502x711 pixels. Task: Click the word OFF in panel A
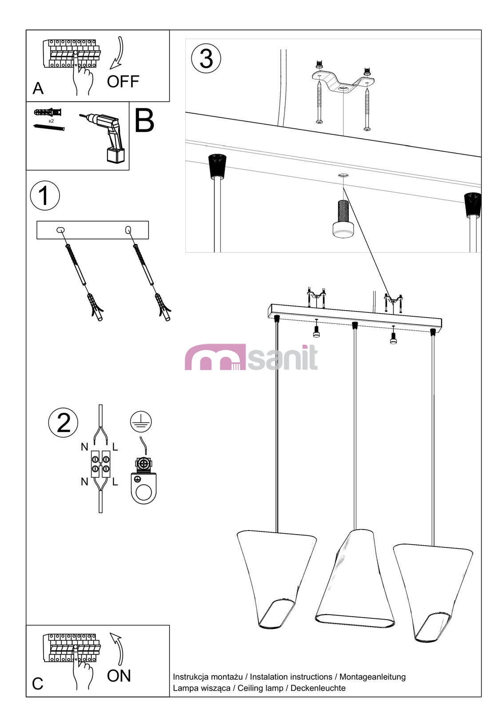(123, 82)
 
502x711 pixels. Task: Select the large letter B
(144, 120)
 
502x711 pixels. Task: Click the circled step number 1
(45, 195)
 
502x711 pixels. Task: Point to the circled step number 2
(63, 423)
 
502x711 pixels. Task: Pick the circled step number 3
(206, 58)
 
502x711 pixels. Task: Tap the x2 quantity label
(51, 121)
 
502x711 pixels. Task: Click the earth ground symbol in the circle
(141, 422)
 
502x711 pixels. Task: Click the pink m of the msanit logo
(215, 357)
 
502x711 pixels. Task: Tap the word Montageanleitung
(372, 676)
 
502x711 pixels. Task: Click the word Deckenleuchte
(318, 688)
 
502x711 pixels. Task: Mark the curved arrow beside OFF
(117, 53)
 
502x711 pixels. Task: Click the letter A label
(38, 88)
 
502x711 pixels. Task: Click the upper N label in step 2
(84, 447)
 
